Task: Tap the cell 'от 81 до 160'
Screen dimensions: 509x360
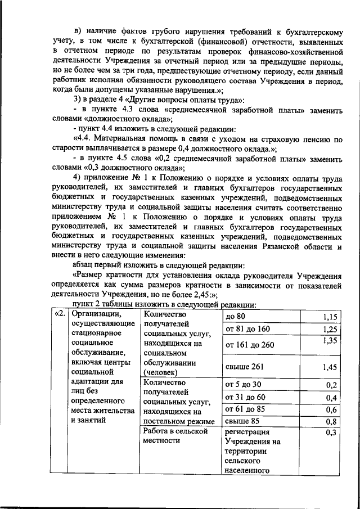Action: click(x=247, y=329)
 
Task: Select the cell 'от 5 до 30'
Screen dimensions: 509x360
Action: click(x=243, y=385)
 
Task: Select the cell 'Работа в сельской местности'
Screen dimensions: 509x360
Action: click(x=175, y=436)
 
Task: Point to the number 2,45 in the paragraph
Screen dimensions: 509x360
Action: click(x=199, y=293)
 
